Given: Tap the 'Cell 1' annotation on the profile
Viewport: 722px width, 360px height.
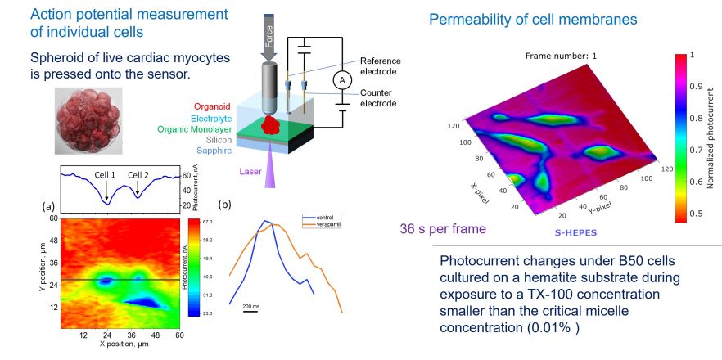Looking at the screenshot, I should coord(106,175).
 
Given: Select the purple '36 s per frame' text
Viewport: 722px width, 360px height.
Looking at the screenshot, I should coord(442,229).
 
